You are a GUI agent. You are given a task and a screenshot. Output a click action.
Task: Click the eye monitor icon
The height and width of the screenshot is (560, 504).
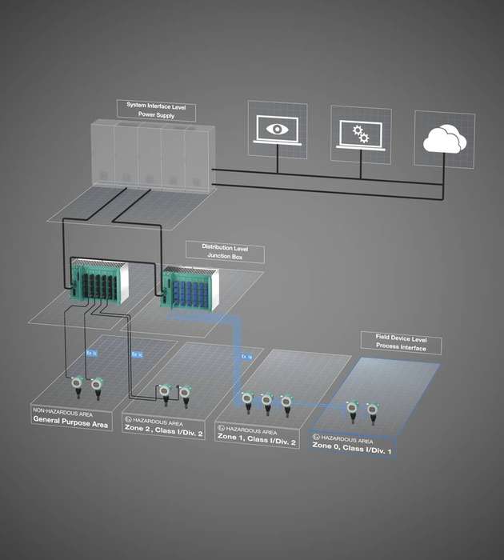coord(277,131)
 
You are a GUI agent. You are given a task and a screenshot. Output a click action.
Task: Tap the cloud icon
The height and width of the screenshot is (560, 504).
coord(443,141)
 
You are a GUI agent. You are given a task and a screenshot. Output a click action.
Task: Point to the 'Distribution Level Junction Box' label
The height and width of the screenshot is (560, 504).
coord(225,253)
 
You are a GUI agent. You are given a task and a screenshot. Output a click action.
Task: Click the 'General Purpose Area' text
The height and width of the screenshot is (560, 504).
coord(70,424)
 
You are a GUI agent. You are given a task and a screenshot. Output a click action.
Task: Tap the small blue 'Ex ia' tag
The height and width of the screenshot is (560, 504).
coord(246,356)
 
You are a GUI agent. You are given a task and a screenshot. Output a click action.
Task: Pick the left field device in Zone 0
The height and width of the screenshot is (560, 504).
coord(351,410)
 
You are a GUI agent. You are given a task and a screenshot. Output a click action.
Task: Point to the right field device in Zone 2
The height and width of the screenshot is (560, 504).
coord(185,392)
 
